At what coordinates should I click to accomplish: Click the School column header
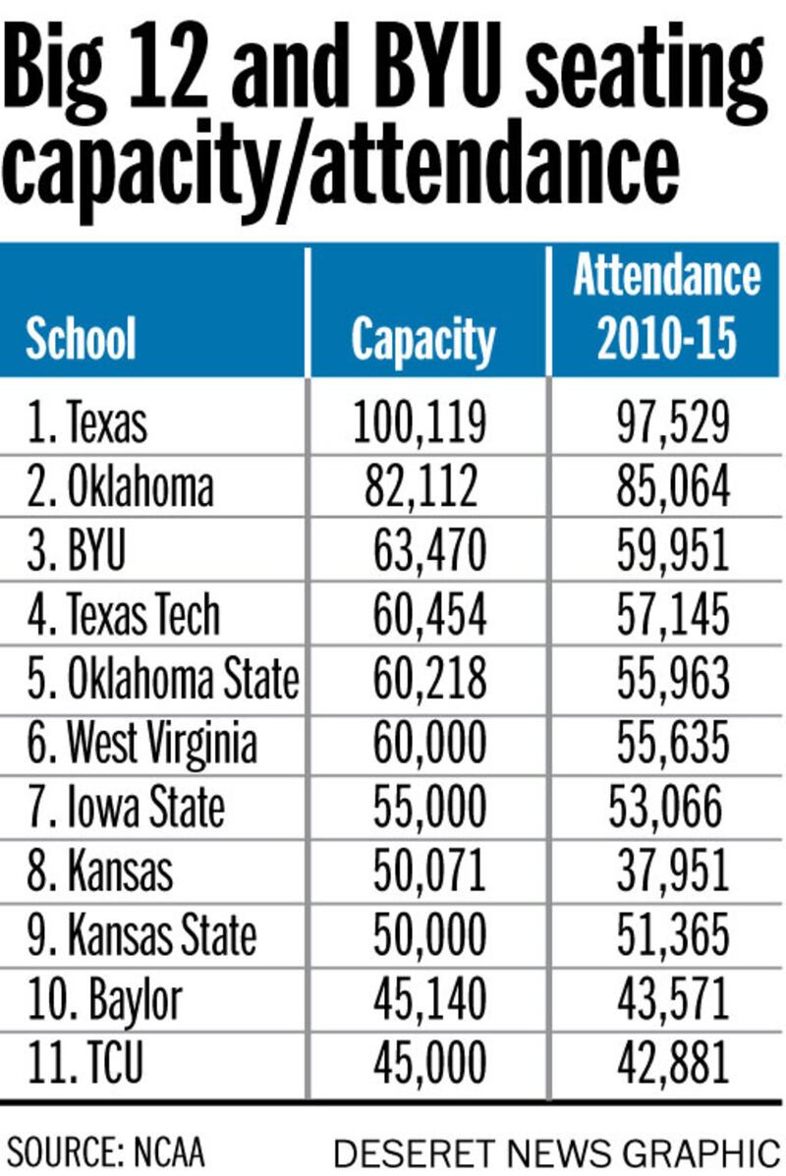(81, 339)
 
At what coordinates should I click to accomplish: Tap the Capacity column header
(423, 340)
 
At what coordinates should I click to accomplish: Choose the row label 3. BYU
(77, 551)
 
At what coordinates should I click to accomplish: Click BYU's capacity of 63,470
(429, 551)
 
